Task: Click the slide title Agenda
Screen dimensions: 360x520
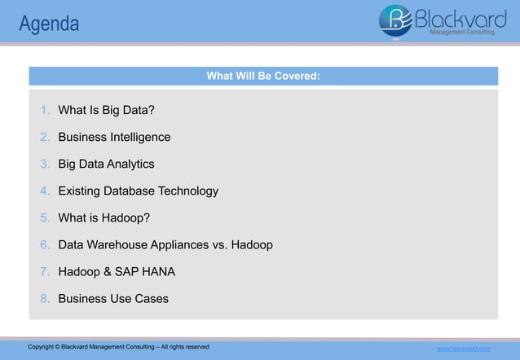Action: [x=49, y=24]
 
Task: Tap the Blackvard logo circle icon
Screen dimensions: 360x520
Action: [x=396, y=20]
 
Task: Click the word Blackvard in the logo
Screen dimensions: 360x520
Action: [x=461, y=16]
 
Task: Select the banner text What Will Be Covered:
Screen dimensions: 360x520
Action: [x=262, y=77]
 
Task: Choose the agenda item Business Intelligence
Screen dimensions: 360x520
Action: [x=114, y=137]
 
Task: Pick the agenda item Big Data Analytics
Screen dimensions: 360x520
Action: [x=106, y=164]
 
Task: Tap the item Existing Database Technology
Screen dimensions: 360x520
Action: [x=138, y=191]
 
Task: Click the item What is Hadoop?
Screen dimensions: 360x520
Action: [x=104, y=217]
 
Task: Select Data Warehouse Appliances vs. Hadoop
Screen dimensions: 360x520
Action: [x=165, y=244]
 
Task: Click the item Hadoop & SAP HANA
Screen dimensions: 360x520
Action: [x=117, y=271]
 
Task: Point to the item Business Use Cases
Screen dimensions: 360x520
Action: [x=113, y=298]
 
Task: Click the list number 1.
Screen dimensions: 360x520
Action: [x=45, y=110]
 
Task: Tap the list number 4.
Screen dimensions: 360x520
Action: [x=45, y=191]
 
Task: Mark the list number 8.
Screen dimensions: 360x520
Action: [x=45, y=298]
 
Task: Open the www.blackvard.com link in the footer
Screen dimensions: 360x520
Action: [x=464, y=349]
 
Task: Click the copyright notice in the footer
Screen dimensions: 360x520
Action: [x=118, y=347]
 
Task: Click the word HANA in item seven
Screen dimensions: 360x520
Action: [x=158, y=271]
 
